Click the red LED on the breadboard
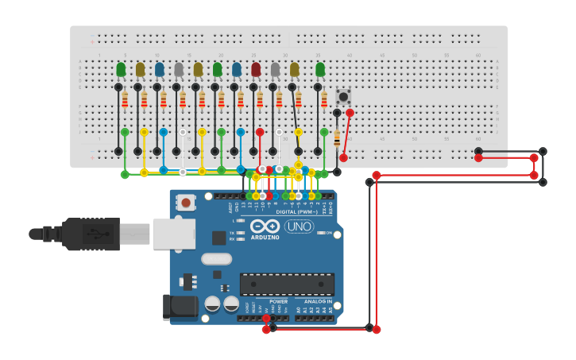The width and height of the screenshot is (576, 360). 256,70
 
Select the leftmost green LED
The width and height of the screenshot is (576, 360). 121,70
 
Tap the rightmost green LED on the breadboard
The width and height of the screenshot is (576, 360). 320,70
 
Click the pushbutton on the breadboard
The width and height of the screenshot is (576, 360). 343,96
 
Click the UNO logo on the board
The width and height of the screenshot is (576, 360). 299,226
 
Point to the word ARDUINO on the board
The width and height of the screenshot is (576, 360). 264,237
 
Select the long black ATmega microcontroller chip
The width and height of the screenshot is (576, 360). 287,285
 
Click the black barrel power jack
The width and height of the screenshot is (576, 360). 179,308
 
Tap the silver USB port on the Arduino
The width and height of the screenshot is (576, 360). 174,234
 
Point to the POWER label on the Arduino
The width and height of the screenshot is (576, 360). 278,302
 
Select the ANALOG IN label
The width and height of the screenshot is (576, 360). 319,302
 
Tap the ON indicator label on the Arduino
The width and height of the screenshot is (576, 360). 328,233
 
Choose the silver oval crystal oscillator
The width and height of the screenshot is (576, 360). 216,259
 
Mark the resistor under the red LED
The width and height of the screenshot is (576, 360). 260,100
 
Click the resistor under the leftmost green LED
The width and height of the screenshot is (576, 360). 125,100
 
